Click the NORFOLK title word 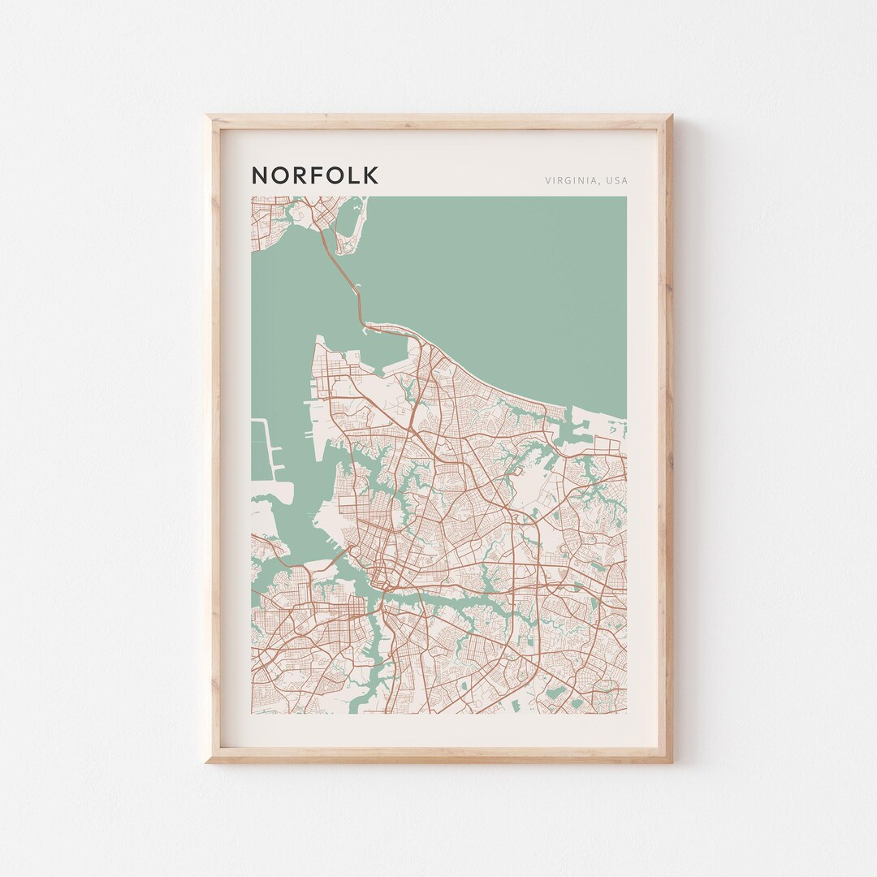[x=314, y=175]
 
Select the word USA [x=616, y=180]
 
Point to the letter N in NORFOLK [x=260, y=175]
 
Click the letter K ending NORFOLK [x=370, y=175]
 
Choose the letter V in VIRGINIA [x=549, y=180]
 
